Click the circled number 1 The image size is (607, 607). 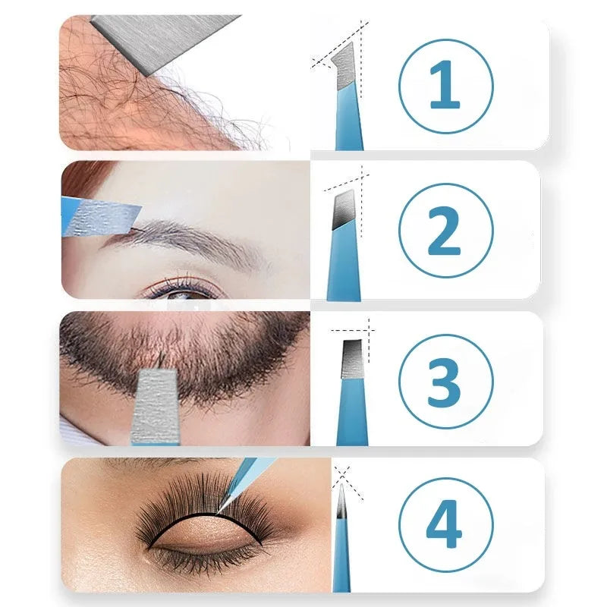[x=445, y=86]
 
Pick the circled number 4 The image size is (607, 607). [x=445, y=524]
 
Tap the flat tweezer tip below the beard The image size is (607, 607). [x=156, y=406]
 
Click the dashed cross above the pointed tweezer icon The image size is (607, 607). [x=342, y=476]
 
